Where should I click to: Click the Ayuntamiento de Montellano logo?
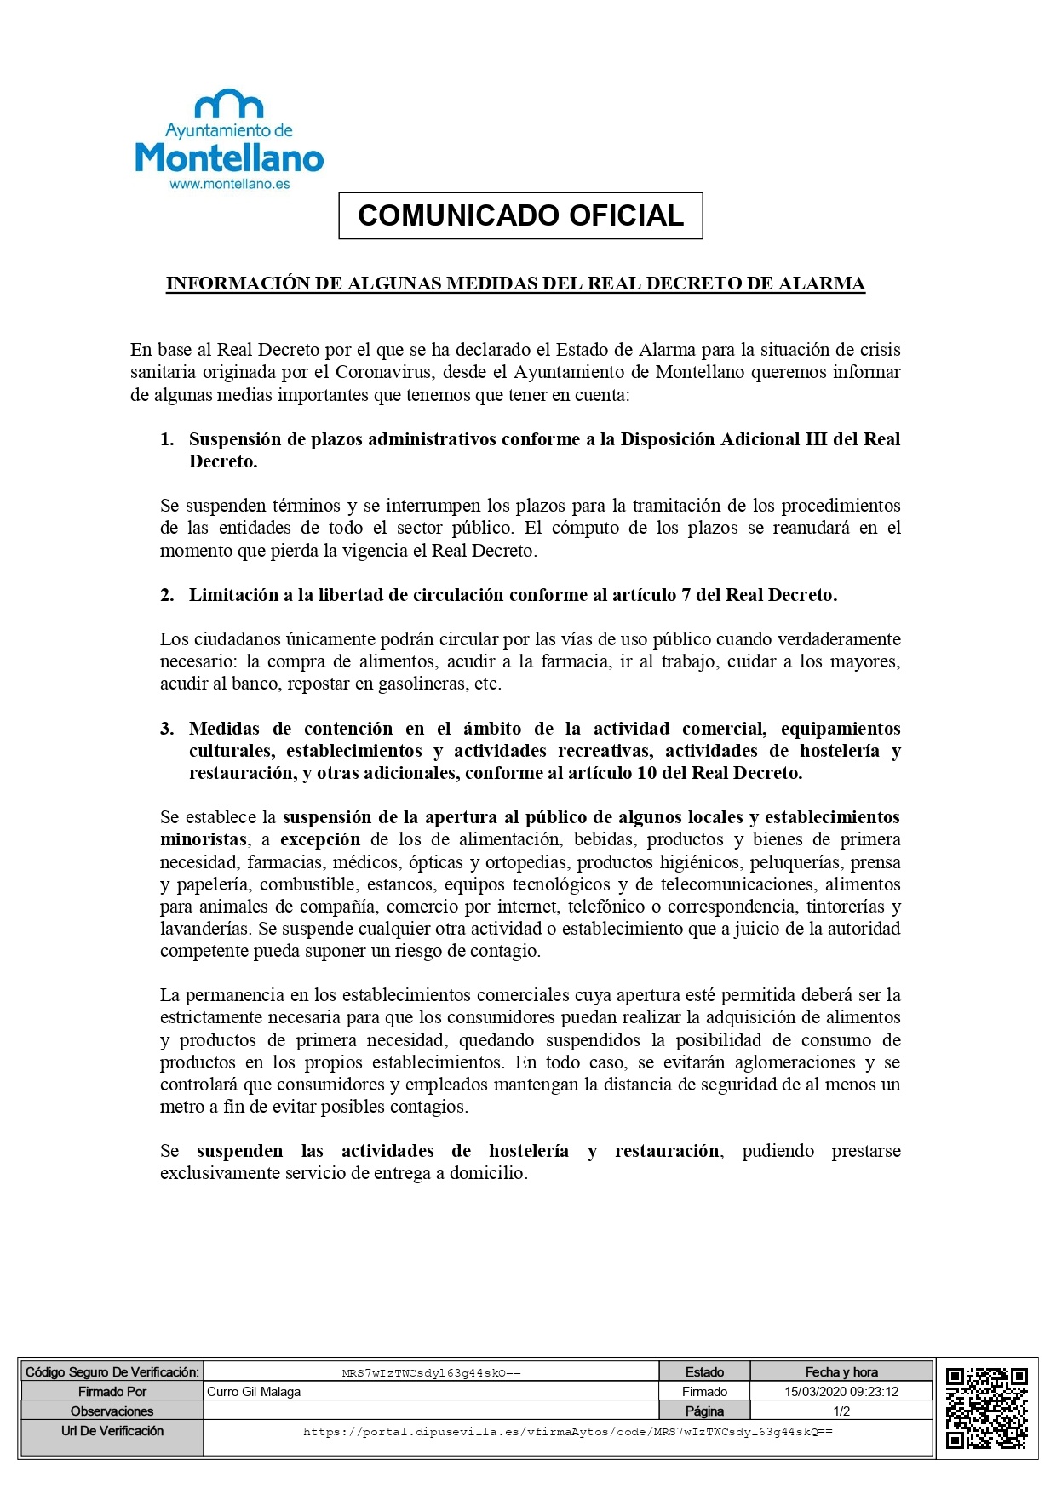[x=230, y=136]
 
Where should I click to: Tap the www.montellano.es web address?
[x=230, y=184]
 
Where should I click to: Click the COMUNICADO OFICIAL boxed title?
[x=520, y=216]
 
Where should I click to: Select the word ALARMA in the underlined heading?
[x=822, y=283]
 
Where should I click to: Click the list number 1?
[x=167, y=439]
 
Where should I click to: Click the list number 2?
[x=167, y=595]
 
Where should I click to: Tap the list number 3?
[x=167, y=729]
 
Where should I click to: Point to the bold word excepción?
[x=320, y=839]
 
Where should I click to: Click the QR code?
[x=987, y=1407]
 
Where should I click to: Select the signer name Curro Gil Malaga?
[x=254, y=1392]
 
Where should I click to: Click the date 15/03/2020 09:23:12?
[x=841, y=1392]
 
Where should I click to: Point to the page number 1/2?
[x=841, y=1411]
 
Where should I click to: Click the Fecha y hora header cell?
[x=841, y=1372]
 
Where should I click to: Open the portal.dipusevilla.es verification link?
[x=567, y=1432]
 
